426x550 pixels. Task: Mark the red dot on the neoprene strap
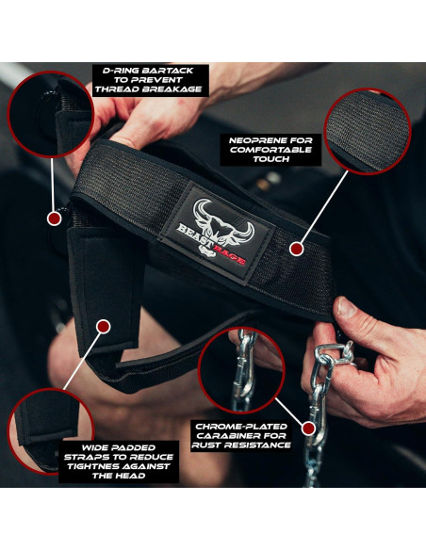pyautogui.click(x=295, y=250)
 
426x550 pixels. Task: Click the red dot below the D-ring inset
pyautogui.click(x=54, y=218)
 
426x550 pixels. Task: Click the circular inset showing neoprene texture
pyautogui.click(x=368, y=131)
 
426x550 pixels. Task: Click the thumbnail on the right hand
pyautogui.click(x=346, y=307)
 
